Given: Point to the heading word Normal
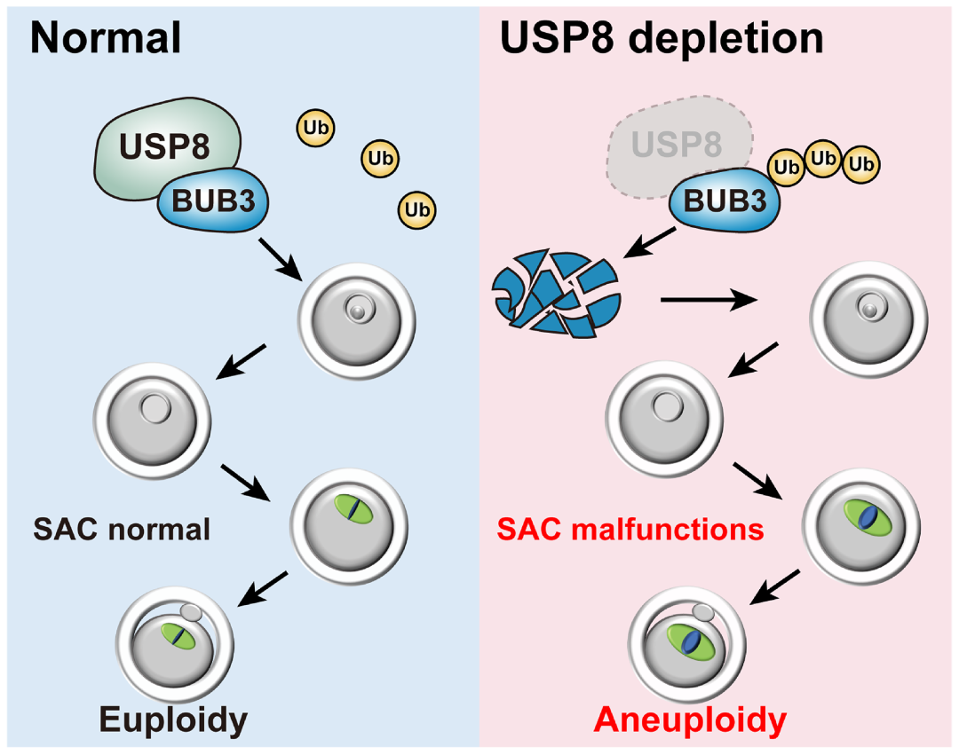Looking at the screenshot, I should pos(106,39).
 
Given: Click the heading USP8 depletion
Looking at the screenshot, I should pos(662,39).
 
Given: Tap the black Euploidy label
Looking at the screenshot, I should pos(172,720).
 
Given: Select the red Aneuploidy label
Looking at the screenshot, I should pos(689,720).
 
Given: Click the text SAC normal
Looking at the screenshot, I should pos(122,530).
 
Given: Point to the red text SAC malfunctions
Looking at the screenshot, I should pos(630,530).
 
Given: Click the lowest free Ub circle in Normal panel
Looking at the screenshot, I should pos(416,209).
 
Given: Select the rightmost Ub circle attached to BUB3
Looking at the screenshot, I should pos(859,164).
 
